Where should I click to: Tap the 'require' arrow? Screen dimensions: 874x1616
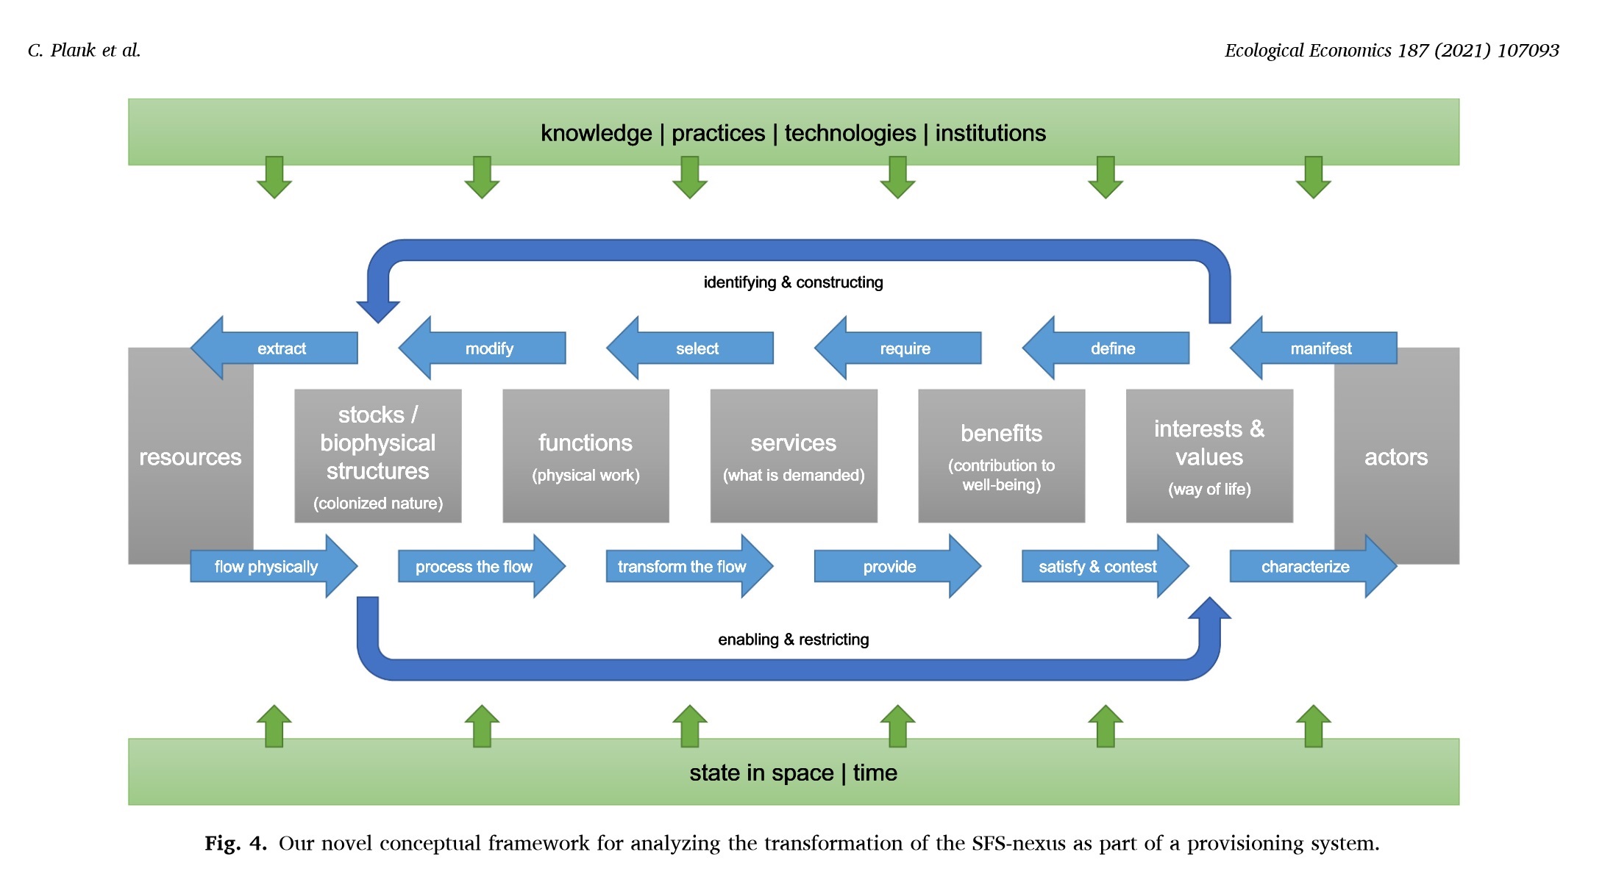tap(904, 348)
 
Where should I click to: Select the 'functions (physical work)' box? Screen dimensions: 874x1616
tap(585, 456)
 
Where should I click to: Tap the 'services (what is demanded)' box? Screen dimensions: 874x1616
tap(794, 456)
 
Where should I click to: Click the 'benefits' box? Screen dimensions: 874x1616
tap(1001, 456)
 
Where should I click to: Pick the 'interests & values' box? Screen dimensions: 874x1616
tap(1209, 456)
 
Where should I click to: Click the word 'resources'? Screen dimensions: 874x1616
tap(190, 457)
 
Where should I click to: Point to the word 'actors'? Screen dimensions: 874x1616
tap(1395, 457)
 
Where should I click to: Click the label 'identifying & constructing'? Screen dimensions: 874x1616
tap(793, 282)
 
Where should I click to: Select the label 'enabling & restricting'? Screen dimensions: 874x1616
tap(793, 640)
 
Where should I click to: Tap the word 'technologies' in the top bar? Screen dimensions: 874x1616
tap(850, 133)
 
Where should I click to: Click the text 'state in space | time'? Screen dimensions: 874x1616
tap(793, 773)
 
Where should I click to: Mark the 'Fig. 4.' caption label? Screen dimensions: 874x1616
tap(235, 843)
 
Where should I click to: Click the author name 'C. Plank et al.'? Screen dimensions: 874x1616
tap(84, 50)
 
